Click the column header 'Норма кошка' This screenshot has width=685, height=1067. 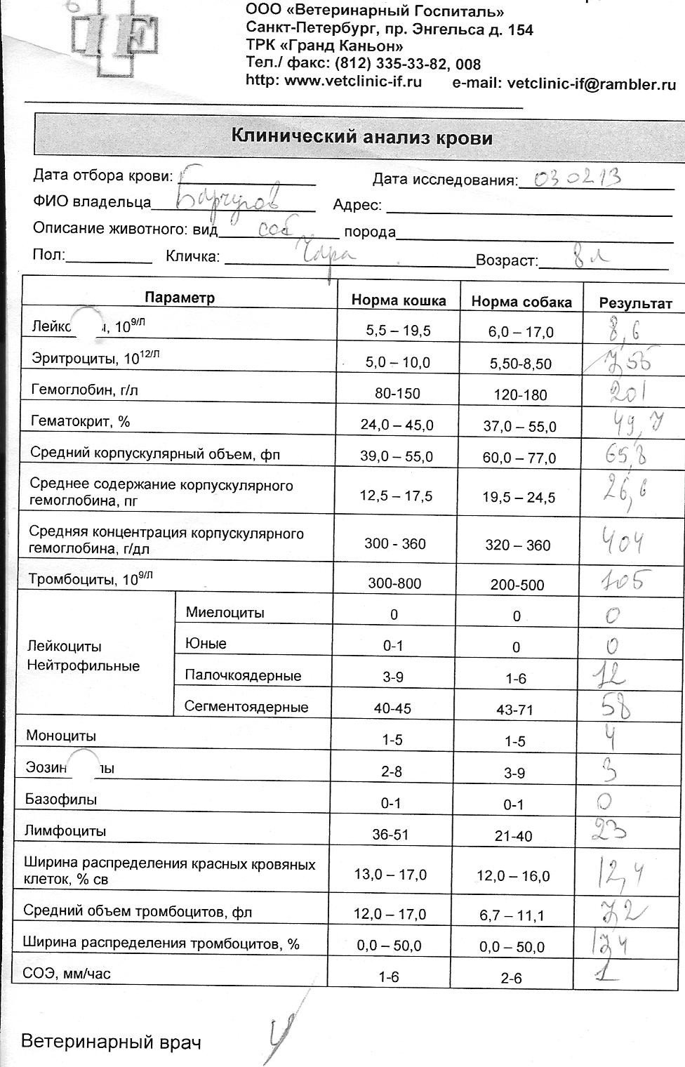click(x=399, y=300)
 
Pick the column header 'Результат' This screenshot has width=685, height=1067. click(x=635, y=303)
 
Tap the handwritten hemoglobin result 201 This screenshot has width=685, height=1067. click(x=629, y=391)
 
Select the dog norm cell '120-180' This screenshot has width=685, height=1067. click(x=520, y=395)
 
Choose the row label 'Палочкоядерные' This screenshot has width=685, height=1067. click(x=243, y=675)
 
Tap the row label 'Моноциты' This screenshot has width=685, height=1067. click(x=61, y=736)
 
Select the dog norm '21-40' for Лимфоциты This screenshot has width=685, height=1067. click(x=514, y=836)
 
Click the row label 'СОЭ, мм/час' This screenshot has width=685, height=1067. click(x=67, y=974)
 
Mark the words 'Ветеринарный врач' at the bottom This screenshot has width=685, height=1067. click(x=111, y=1041)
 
